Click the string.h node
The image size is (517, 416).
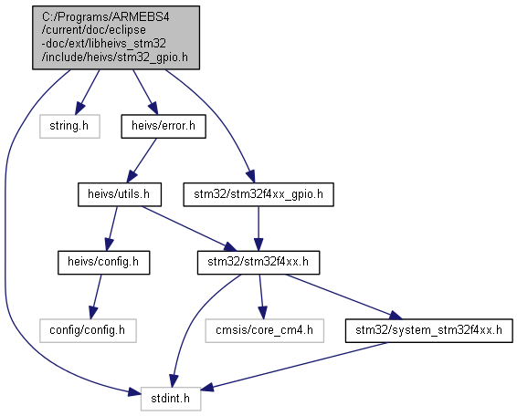69,126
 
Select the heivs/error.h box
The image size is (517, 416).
164,126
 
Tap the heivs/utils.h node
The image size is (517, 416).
120,194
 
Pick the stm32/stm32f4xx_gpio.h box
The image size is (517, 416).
258,194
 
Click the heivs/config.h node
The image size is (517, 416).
104,263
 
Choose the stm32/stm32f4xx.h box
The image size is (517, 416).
258,263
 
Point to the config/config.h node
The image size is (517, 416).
88,330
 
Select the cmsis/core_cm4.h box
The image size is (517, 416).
264,330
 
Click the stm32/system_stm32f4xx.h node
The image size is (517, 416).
429,330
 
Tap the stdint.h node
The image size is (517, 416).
171,399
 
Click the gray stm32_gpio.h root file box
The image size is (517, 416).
116,37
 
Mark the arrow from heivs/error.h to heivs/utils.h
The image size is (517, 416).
142,161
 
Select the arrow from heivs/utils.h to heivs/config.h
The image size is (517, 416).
111,229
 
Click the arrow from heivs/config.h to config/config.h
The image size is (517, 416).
95,296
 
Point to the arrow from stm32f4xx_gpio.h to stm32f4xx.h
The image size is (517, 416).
258,229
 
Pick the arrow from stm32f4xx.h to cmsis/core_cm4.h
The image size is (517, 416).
261,296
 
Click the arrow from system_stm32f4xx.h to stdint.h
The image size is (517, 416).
293,367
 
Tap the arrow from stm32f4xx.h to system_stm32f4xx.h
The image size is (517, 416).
343,296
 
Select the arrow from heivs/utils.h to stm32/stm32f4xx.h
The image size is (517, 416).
189,229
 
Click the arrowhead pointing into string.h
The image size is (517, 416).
79,109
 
